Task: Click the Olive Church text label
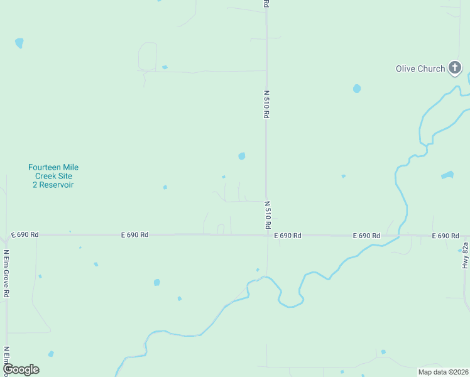tap(420, 68)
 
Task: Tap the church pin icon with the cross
tap(455, 67)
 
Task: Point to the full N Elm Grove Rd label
tap(6, 273)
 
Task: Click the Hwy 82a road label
tap(466, 255)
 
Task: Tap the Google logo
tap(21, 369)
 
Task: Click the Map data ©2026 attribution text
tap(443, 372)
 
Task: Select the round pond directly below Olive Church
tap(357, 89)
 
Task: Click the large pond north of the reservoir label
tap(19, 43)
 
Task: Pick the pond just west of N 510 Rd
tap(242, 156)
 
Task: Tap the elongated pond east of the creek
tap(447, 175)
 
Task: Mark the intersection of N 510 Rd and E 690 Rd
tap(266, 235)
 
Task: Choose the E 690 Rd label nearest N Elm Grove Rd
tap(25, 235)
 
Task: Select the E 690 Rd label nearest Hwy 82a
tap(445, 236)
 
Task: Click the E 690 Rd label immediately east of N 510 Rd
tap(288, 236)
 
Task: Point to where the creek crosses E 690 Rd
tap(398, 236)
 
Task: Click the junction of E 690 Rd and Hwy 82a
tap(465, 236)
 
